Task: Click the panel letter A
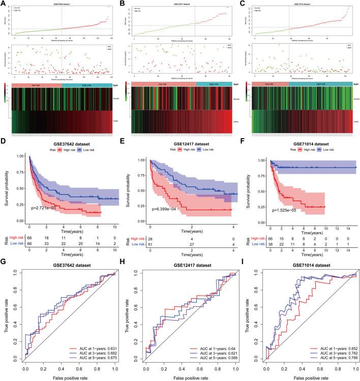[4, 4]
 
